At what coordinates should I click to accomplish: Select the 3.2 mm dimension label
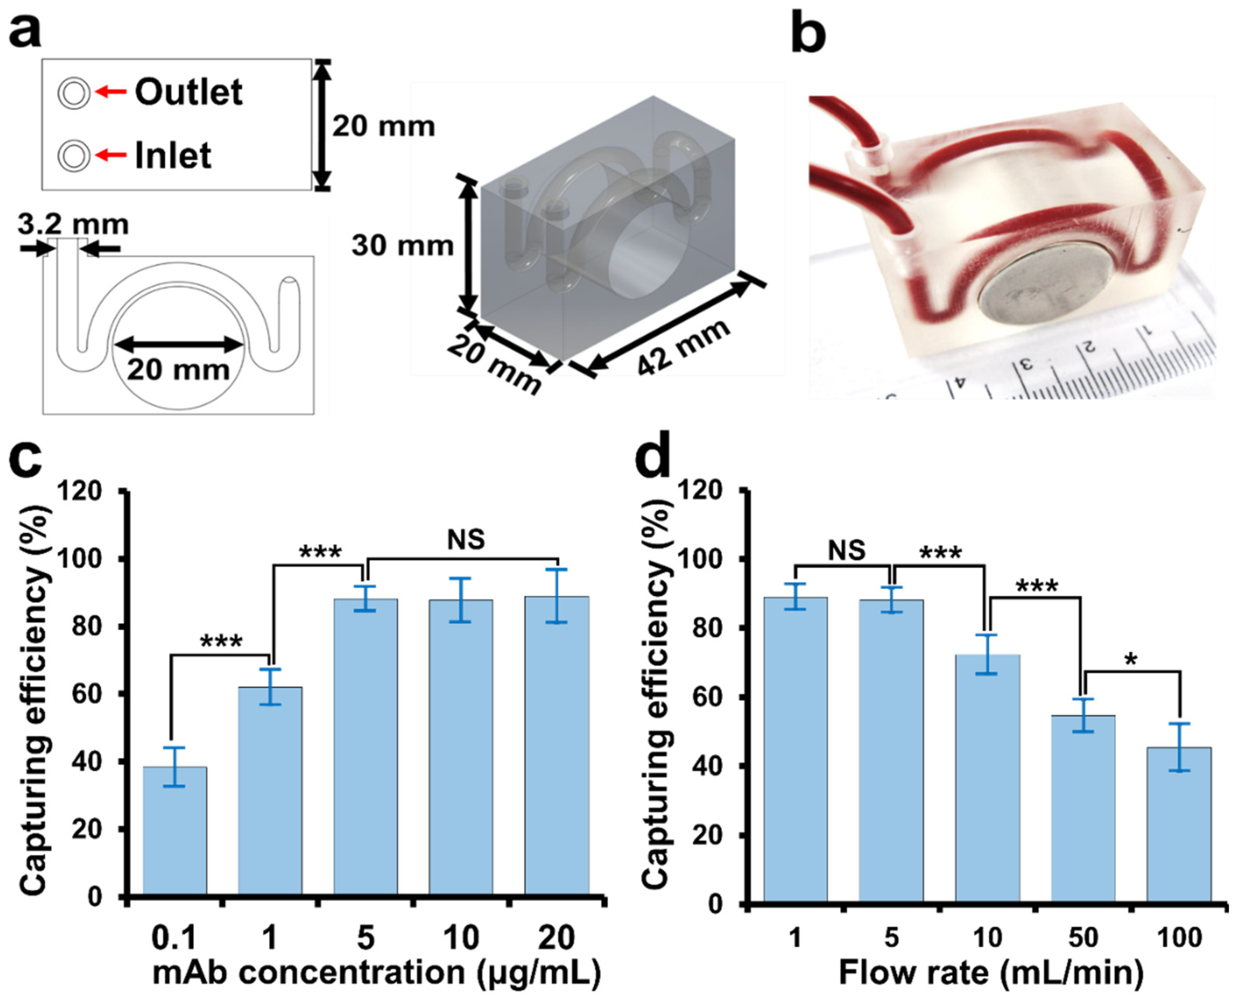point(73,225)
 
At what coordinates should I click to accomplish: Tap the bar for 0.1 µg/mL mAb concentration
point(174,832)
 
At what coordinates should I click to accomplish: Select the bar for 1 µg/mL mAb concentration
point(270,792)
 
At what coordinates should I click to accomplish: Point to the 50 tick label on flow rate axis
point(1083,937)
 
